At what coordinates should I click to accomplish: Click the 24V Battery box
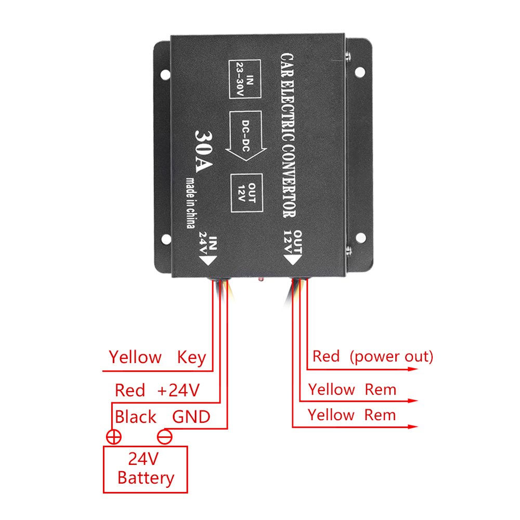pyautogui.click(x=145, y=469)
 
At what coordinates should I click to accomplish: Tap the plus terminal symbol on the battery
pyautogui.click(x=113, y=437)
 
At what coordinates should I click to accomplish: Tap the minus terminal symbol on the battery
pyautogui.click(x=165, y=437)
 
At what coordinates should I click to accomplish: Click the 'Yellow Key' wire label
pyautogui.click(x=157, y=358)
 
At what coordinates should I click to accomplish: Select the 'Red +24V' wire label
pyautogui.click(x=157, y=390)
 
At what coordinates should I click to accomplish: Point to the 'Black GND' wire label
pyautogui.click(x=162, y=417)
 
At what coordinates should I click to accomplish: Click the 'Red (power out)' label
pyautogui.click(x=372, y=357)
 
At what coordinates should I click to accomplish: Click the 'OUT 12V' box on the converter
pyautogui.click(x=247, y=192)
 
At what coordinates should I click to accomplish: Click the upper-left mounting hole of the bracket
pyautogui.click(x=165, y=74)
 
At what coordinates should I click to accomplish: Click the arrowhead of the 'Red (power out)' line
pyautogui.click(x=413, y=369)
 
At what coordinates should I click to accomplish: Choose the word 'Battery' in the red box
pyautogui.click(x=146, y=478)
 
